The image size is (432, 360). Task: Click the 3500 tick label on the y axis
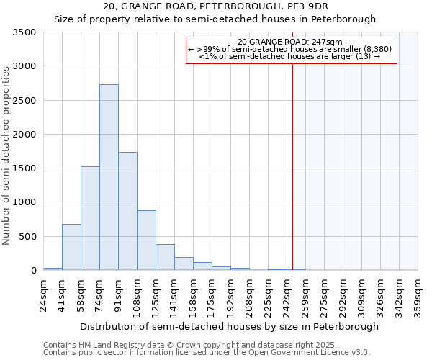tap(24, 32)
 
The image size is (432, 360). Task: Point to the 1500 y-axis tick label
tap(24, 168)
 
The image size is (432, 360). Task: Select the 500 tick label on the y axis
tap(27, 236)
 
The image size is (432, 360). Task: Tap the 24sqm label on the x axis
tap(43, 295)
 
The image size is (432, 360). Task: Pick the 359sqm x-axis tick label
tap(418, 295)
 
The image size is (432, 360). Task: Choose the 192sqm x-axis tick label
tap(230, 295)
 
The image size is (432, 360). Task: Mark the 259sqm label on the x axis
tap(305, 295)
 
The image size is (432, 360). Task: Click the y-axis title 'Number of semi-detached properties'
tap(7, 156)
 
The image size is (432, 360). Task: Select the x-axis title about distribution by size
tap(229, 327)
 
